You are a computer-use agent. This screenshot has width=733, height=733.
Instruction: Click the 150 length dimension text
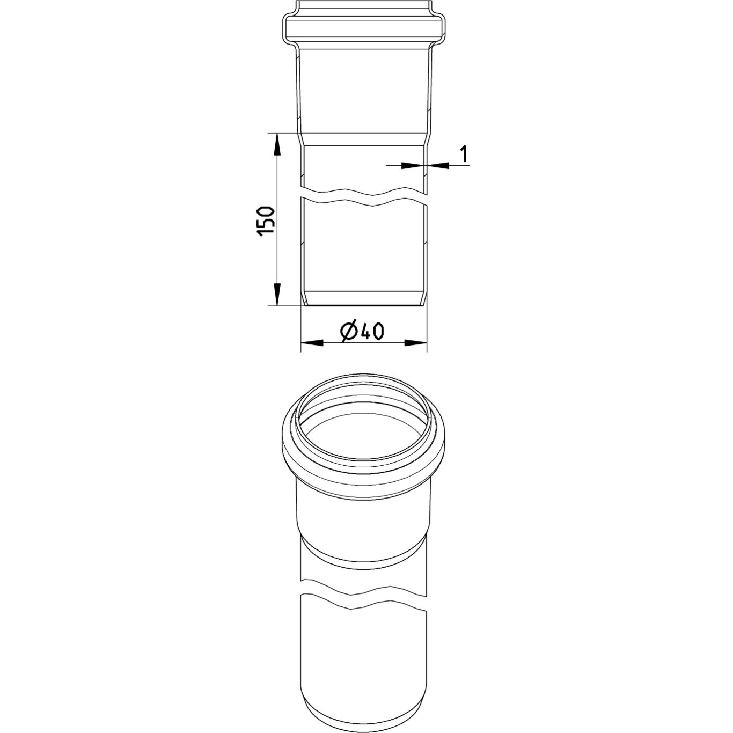pyautogui.click(x=266, y=222)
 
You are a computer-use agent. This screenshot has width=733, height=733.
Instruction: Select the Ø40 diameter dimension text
pyautogui.click(x=362, y=333)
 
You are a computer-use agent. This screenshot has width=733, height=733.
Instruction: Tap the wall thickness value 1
pyautogui.click(x=464, y=153)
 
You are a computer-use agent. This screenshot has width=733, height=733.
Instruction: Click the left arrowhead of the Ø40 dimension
pyautogui.click(x=312, y=343)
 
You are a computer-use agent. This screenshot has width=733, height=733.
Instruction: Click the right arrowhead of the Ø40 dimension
pyautogui.click(x=416, y=343)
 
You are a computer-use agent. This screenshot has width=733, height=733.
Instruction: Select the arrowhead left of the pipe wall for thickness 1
pyautogui.click(x=413, y=165)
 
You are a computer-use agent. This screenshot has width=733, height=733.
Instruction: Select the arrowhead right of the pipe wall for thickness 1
pyautogui.click(x=438, y=165)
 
